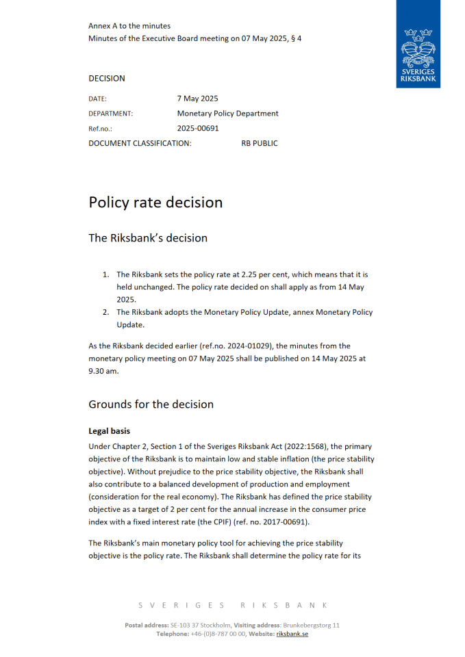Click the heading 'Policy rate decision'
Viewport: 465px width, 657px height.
155,203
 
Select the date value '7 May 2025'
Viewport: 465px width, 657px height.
197,99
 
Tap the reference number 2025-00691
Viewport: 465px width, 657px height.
198,128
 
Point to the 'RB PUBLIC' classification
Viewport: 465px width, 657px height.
260,143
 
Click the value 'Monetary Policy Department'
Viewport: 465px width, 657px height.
227,114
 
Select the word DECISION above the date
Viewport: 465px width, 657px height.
107,79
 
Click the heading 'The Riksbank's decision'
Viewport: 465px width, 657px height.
148,238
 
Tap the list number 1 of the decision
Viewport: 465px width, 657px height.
106,274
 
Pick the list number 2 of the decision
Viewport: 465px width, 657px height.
106,313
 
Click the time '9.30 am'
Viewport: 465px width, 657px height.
103,371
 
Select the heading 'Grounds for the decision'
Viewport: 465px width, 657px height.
151,404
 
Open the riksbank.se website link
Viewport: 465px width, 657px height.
292,634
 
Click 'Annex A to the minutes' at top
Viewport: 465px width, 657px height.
129,26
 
